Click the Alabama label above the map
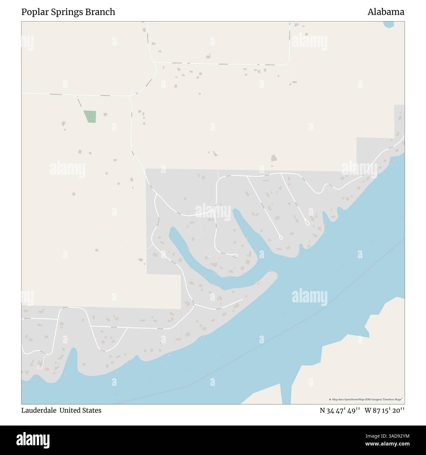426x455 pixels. [386, 12]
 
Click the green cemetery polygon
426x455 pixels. [90, 117]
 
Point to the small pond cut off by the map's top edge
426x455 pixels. [388, 24]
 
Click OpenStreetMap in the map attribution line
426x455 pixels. [355, 399]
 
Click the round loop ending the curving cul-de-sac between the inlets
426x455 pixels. [234, 255]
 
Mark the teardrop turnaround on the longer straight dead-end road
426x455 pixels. [280, 237]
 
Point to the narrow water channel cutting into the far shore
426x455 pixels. [286, 393]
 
